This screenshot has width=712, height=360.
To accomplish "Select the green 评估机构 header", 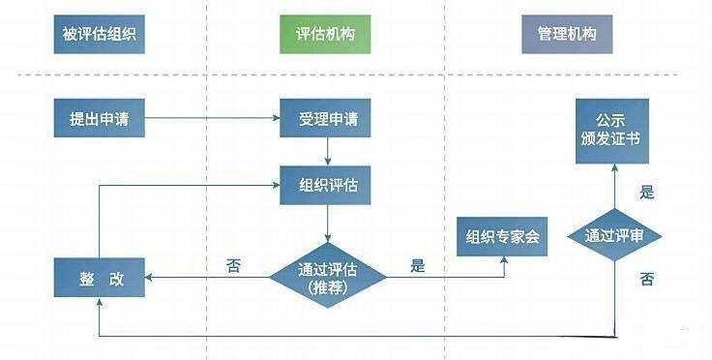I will [x=327, y=34].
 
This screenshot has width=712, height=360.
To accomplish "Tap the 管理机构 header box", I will [x=566, y=34].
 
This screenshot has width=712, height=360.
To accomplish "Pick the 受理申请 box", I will [x=327, y=120].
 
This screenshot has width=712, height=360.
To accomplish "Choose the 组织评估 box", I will [x=327, y=184].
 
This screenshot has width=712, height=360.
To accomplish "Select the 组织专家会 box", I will [x=504, y=236].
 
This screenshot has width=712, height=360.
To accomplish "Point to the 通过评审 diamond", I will [x=616, y=235].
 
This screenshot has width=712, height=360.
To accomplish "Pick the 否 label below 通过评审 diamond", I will [x=646, y=280].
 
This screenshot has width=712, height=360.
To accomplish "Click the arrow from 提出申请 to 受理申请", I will [x=213, y=120].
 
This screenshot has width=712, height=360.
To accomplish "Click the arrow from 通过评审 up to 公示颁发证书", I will [x=616, y=186].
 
